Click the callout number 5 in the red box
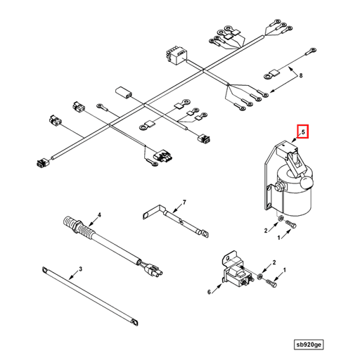(x=302, y=131)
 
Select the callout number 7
(x=185, y=203)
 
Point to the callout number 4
(x=99, y=214)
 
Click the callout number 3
(x=80, y=269)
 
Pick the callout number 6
(x=209, y=292)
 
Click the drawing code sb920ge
(x=311, y=345)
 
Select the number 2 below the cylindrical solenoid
(x=266, y=230)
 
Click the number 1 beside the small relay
(x=285, y=270)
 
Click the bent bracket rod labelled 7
(x=176, y=217)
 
